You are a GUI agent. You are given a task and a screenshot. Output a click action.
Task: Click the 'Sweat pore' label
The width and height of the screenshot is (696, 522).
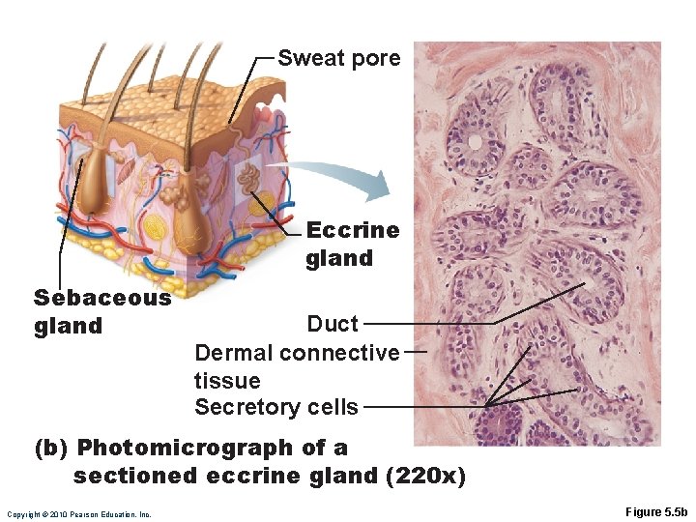(338, 58)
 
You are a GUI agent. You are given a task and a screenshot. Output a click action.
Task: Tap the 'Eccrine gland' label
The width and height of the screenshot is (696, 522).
(352, 244)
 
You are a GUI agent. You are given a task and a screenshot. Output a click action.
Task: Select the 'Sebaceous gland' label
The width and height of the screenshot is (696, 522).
(102, 311)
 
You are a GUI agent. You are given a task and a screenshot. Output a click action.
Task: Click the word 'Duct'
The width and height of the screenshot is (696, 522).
(332, 324)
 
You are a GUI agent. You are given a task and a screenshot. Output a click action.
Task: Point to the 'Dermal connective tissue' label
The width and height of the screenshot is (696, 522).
(297, 365)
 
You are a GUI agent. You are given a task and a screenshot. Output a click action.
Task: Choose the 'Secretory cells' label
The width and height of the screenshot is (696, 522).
(276, 407)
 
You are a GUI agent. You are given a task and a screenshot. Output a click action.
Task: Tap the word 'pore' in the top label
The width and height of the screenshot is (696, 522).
(377, 59)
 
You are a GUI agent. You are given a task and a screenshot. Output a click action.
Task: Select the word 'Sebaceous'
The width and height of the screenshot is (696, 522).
(102, 298)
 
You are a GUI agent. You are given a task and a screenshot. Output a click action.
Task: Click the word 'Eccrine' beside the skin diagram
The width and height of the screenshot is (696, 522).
(352, 230)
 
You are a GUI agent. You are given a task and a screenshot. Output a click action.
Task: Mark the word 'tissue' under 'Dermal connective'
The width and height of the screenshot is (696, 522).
(227, 380)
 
